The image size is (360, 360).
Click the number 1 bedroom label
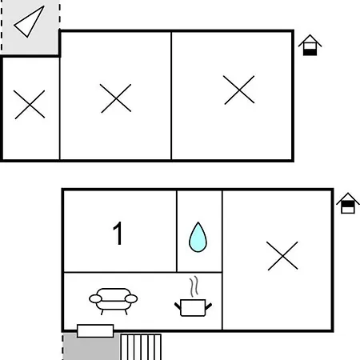tap(118, 233)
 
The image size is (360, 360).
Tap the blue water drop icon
tap(198, 238)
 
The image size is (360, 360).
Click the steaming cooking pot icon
tap(193, 307)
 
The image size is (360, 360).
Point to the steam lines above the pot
tap(194, 286)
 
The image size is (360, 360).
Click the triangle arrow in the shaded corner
tap(29, 22)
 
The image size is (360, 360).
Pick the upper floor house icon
tap(310, 45)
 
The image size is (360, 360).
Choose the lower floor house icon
tap(348, 203)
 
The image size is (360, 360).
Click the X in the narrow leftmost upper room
tap(30, 104)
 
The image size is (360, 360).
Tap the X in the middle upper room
tap(116, 98)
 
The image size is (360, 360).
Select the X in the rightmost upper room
tap(239, 90)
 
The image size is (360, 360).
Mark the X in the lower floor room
tap(282, 256)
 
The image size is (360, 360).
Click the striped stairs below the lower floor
tap(141, 347)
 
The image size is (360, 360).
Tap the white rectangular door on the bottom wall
tap(95, 331)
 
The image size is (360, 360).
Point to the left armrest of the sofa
tap(95, 299)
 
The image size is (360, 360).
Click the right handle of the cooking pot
tap(209, 306)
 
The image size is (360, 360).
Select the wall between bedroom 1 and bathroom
tap(177, 231)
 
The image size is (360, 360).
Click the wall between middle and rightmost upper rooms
tap(171, 96)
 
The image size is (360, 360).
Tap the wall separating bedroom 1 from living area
tap(120, 272)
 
